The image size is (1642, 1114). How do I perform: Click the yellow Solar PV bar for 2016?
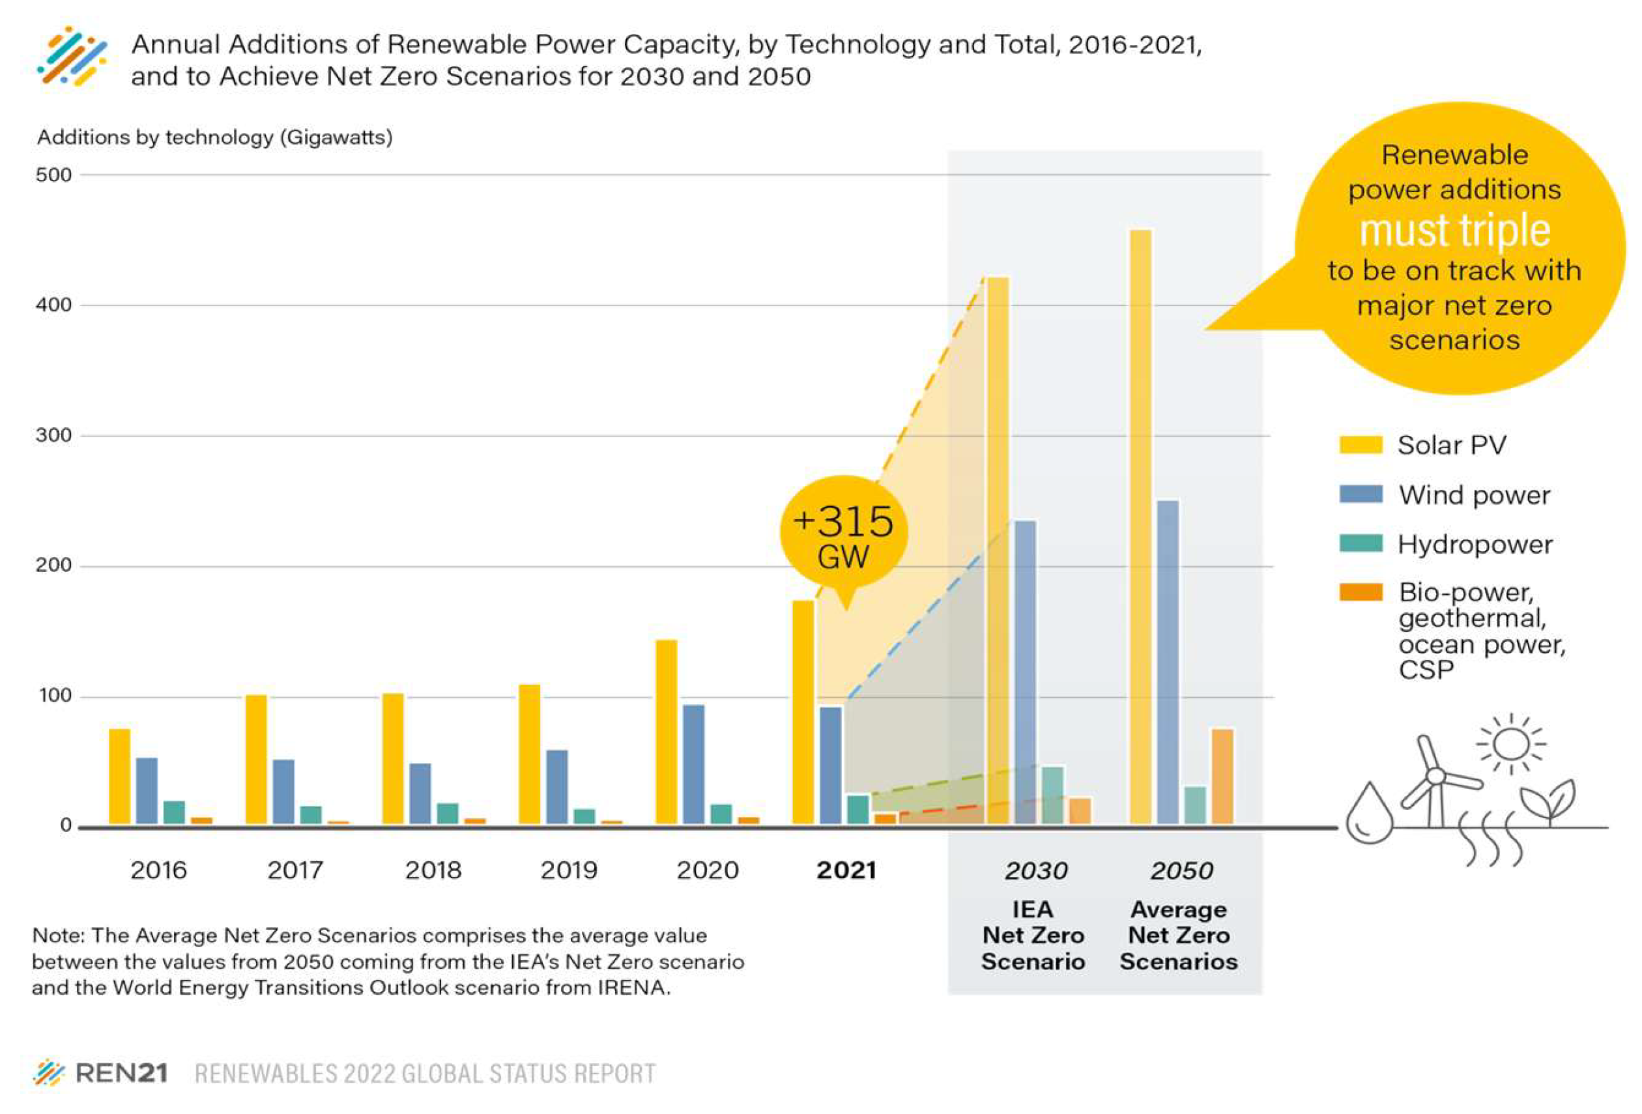[119, 776]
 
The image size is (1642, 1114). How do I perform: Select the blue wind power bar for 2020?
[694, 764]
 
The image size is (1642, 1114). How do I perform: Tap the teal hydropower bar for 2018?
[448, 813]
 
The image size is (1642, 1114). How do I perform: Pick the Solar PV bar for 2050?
[1141, 527]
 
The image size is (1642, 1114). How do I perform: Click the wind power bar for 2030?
[1026, 672]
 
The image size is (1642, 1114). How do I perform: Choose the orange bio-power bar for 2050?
[1223, 777]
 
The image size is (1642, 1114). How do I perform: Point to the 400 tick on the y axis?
[53, 305]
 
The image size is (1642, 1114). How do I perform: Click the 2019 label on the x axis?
[569, 870]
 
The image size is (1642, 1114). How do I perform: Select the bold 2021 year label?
[846, 870]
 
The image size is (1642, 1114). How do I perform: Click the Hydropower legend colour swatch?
[1361, 543]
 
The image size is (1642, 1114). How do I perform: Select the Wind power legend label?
[1475, 495]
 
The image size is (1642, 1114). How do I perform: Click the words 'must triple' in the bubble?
[1455, 230]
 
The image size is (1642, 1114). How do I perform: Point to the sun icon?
[1511, 743]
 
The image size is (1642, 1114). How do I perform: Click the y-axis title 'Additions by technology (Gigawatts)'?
[215, 137]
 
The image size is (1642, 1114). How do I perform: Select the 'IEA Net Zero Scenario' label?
[1033, 935]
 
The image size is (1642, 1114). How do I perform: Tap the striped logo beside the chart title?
[72, 57]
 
